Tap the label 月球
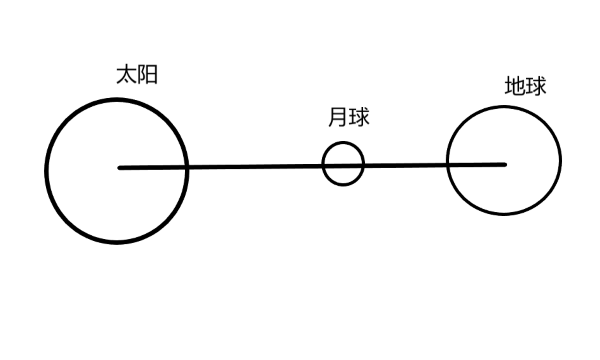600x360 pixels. [x=348, y=118]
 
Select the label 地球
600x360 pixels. [x=525, y=87]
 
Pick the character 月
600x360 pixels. [x=337, y=118]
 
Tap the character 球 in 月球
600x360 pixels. [x=359, y=118]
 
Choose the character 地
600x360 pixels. [x=514, y=87]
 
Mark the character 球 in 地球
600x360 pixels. [x=536, y=87]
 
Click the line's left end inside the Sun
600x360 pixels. [x=120, y=168]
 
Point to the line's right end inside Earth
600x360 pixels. [x=505, y=164]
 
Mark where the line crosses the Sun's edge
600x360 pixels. [x=187, y=167]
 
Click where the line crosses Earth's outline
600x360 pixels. [x=447, y=165]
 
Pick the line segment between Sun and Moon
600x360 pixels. [x=255, y=167]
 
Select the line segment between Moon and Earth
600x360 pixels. [x=405, y=165]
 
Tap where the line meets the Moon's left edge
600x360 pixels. [x=323, y=166]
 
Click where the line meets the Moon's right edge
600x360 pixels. [x=363, y=166]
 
